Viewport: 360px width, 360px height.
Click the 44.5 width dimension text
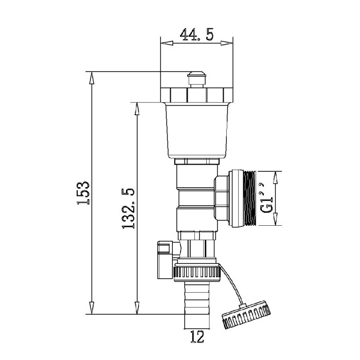click(x=196, y=34)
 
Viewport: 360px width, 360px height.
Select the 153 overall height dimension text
click(x=83, y=193)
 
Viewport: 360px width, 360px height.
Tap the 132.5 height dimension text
click(x=128, y=208)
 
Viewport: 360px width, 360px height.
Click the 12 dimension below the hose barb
click(x=197, y=337)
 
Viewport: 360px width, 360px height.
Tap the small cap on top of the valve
click(x=197, y=79)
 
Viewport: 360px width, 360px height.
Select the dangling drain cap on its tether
click(x=246, y=314)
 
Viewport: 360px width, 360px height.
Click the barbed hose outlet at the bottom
click(x=197, y=305)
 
